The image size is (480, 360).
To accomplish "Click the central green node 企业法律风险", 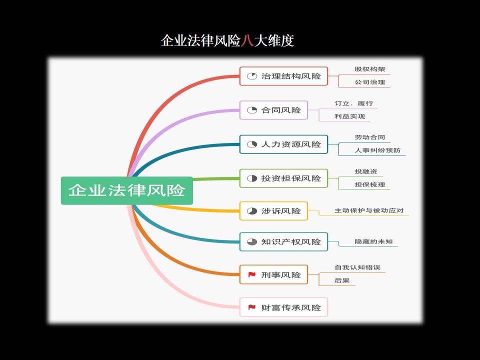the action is click(126, 190).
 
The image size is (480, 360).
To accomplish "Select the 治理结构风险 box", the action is click(284, 76).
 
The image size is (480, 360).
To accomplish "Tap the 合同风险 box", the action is click(273, 110).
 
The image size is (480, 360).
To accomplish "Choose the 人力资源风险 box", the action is click(284, 144).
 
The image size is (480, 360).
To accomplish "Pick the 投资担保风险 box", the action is click(284, 178).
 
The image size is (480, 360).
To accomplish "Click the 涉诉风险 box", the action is click(273, 211).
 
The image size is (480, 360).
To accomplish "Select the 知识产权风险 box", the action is click(284, 242).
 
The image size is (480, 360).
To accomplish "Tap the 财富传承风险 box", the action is click(284, 307).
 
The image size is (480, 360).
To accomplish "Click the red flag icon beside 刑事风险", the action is click(252, 274).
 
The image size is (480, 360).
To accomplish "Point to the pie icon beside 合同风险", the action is click(252, 110).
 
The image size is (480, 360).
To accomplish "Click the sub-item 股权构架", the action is click(370, 69).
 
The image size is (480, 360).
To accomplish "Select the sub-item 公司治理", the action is click(370, 82).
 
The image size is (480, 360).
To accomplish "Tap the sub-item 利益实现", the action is click(349, 116).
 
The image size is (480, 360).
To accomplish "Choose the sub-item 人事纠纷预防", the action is click(377, 150).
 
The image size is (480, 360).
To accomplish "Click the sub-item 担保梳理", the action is click(370, 184).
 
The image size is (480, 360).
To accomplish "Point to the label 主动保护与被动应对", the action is click(369, 210).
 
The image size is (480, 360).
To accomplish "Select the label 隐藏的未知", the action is click(373, 241).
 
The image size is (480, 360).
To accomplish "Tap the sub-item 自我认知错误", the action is click(357, 267).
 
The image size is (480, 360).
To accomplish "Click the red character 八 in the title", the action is click(247, 40).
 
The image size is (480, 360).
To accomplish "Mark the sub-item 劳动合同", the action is click(370, 137).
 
